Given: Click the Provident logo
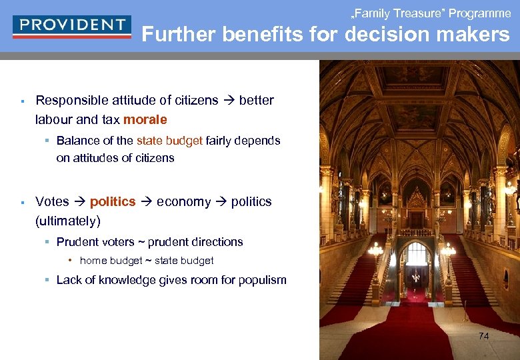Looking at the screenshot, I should (x=71, y=26).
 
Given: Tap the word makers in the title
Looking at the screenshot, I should (x=478, y=35).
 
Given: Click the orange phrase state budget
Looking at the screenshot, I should (x=169, y=141).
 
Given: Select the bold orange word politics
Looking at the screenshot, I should (x=113, y=201).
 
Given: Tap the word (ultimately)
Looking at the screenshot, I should (x=68, y=221).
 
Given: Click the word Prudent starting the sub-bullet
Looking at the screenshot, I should (x=77, y=242).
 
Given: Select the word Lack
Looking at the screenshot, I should (x=69, y=280).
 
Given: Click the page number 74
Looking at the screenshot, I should (x=483, y=336).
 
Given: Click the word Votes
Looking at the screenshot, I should (x=52, y=201).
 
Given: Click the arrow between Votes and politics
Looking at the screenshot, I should (x=79, y=201).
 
